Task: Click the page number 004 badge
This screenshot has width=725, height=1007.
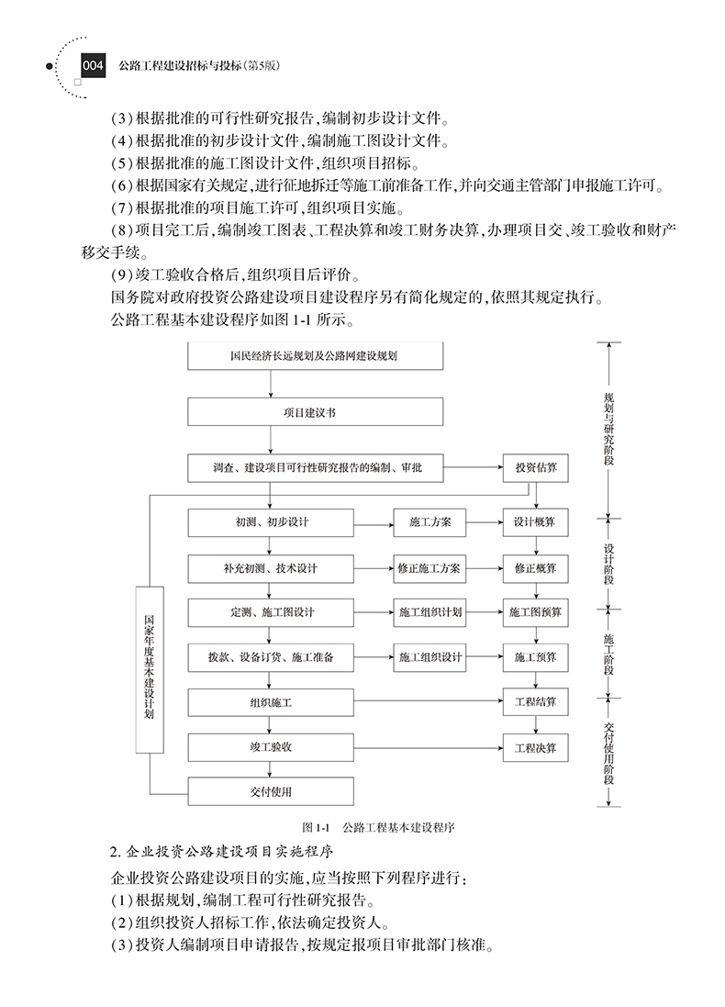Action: (x=95, y=66)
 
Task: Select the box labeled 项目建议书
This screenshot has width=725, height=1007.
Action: (x=270, y=412)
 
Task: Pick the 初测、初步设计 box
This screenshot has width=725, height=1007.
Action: (x=271, y=522)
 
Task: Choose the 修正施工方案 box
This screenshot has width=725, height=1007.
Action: (x=429, y=568)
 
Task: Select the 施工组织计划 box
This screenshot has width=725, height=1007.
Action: (x=429, y=612)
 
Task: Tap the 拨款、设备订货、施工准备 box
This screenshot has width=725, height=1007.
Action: (x=271, y=657)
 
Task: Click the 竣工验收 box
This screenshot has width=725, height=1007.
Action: (x=271, y=747)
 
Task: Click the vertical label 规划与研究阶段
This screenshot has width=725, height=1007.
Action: (x=608, y=428)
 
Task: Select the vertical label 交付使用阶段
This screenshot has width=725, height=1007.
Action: (x=608, y=751)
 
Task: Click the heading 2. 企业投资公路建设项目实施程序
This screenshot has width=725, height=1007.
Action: (x=220, y=851)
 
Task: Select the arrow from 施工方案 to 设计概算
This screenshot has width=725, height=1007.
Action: (x=483, y=522)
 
